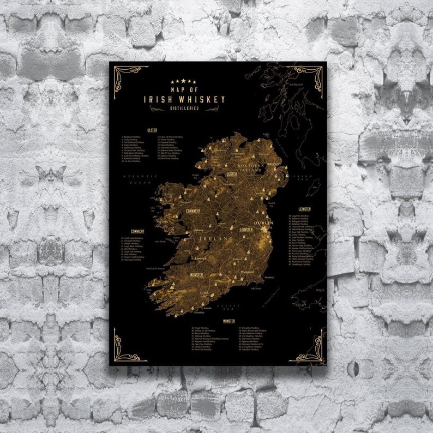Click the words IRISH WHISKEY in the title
pos(184,99)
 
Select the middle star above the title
pos(184,81)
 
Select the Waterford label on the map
pos(248,271)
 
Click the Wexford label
pos(269,277)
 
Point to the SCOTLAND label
pos(295,85)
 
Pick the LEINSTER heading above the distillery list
pos(305,209)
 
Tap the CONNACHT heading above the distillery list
pos(132,231)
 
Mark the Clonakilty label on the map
pos(199,312)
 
